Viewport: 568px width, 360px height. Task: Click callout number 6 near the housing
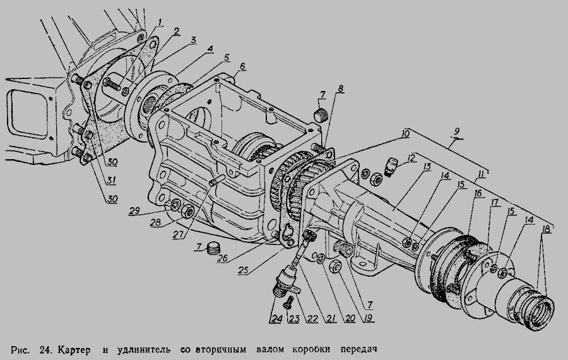click(242, 66)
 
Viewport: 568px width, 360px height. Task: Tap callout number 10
click(405, 133)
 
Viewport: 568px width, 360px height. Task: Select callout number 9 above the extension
click(457, 131)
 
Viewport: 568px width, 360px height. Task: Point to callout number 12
click(410, 158)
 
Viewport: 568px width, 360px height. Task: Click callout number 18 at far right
click(546, 229)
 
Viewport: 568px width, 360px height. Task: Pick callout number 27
click(178, 234)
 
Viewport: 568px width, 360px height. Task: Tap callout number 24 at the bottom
click(277, 318)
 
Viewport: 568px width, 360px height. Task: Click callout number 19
click(369, 318)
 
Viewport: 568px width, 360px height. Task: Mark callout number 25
click(244, 270)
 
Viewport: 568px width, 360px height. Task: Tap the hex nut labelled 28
click(187, 211)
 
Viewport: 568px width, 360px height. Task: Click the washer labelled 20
click(319, 258)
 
